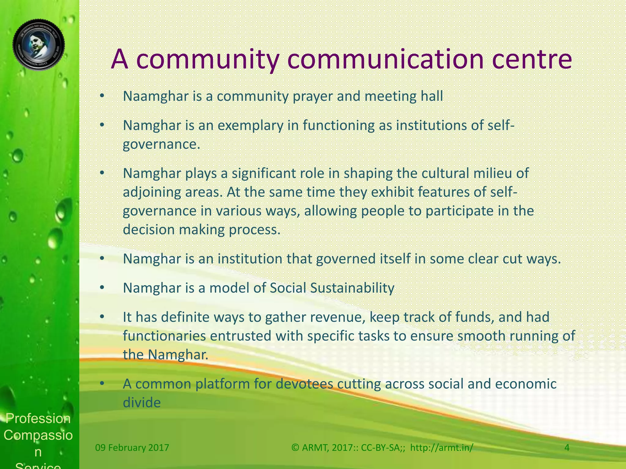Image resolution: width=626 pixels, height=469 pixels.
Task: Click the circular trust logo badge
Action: point(39,45)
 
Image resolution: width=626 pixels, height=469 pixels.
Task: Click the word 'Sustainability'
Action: point(352,288)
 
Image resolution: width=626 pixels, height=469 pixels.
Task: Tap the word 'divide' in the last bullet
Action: point(142,402)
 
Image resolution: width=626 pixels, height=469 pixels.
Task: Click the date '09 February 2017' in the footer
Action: point(132,448)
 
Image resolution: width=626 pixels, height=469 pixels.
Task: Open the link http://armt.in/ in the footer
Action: point(441,448)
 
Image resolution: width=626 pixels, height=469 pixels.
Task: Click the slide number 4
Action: point(567,448)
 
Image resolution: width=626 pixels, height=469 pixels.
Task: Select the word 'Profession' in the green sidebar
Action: point(38,418)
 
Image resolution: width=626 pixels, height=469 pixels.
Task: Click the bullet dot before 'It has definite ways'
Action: point(102,317)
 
